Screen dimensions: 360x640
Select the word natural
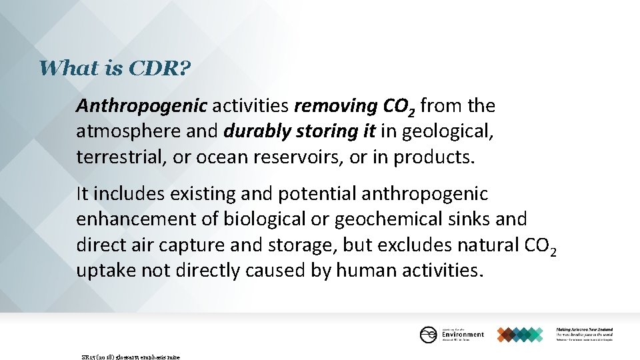488,245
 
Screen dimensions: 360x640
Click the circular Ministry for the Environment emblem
428,334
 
